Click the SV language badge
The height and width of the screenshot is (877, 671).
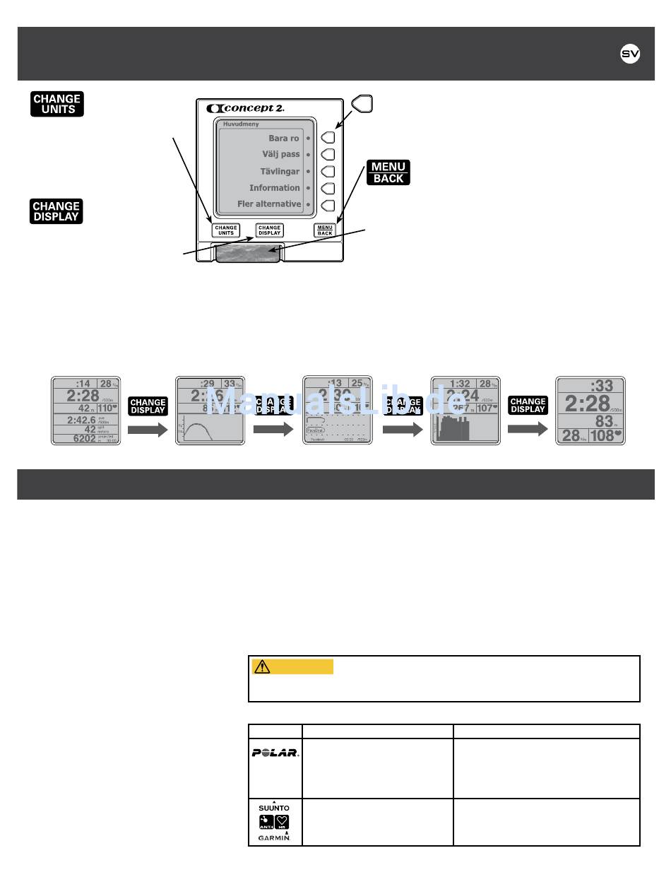click(630, 54)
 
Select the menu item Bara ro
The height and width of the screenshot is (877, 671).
click(283, 139)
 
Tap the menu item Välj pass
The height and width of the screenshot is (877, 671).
click(280, 155)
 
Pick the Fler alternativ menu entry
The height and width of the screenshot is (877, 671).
click(268, 204)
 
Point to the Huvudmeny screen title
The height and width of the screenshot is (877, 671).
click(241, 123)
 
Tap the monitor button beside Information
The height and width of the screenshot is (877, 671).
click(328, 188)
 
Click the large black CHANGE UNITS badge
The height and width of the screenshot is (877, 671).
click(57, 104)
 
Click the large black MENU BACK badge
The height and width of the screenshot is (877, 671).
click(388, 172)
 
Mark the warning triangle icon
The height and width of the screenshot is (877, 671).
click(261, 666)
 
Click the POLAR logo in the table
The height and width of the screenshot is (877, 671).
click(275, 753)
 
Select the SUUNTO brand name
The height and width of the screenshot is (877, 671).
click(275, 807)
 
